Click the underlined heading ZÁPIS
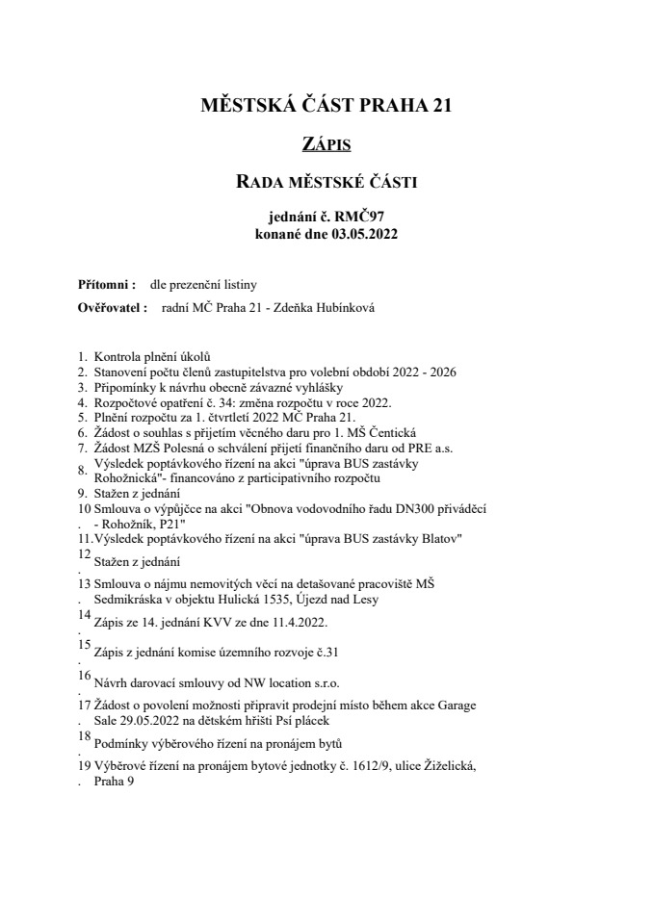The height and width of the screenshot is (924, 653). (326, 145)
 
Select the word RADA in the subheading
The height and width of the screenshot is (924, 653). (261, 180)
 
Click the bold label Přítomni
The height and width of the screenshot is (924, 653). (99, 285)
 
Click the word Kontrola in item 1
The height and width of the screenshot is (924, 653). (121, 356)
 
